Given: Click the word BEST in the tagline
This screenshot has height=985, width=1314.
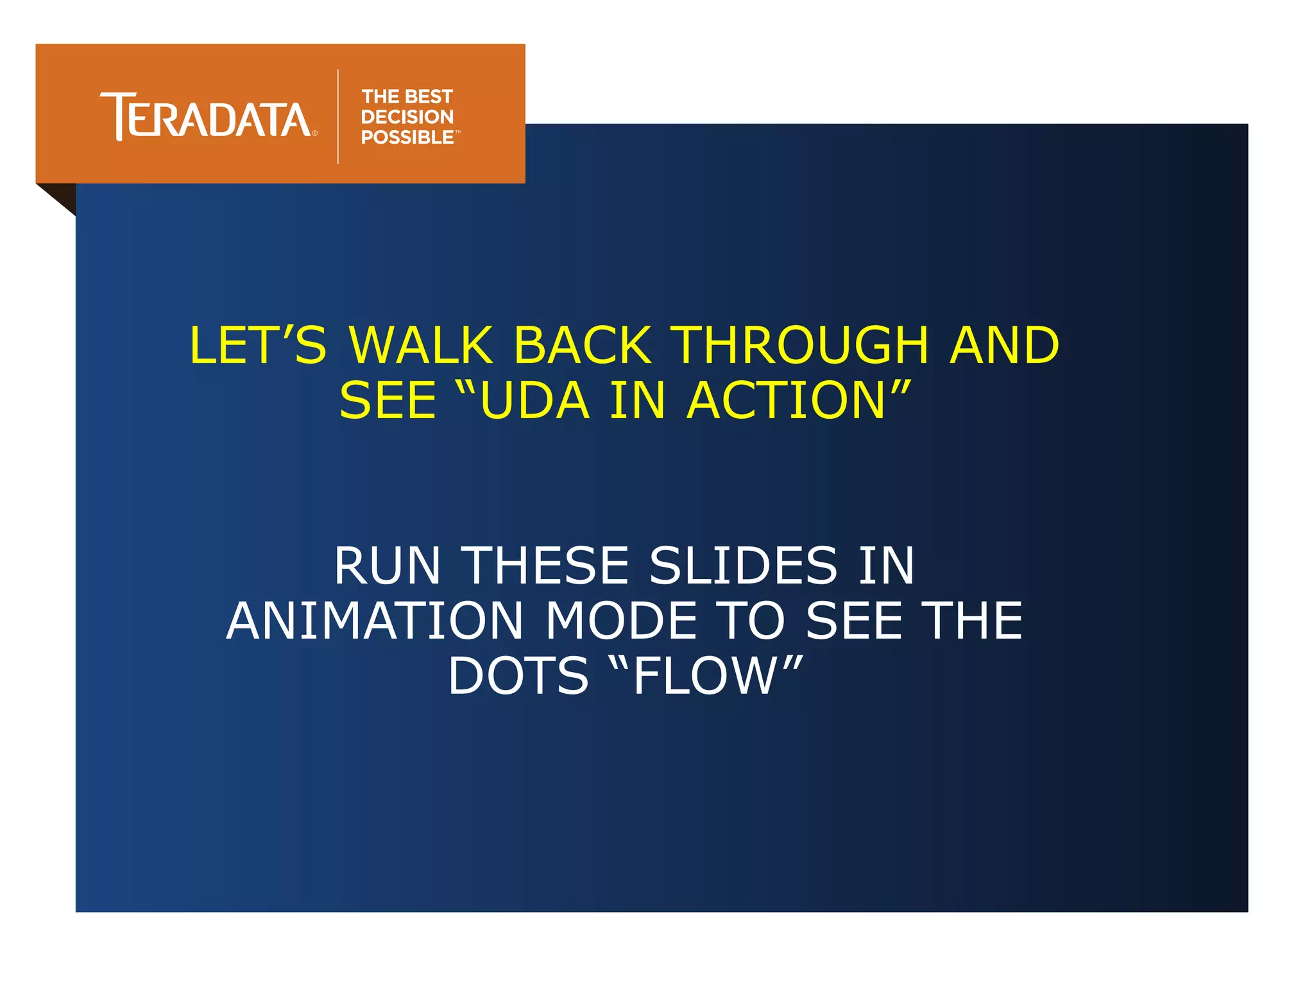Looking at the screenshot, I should (x=429, y=97).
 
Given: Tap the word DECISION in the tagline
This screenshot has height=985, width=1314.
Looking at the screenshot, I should (x=407, y=117).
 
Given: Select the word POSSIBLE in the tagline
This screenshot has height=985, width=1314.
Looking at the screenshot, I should (x=407, y=137).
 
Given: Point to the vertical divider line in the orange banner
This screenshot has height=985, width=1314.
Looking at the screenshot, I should (x=338, y=116).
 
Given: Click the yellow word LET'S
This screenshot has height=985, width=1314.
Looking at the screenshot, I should (x=257, y=345).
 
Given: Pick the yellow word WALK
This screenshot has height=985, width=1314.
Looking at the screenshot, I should (x=420, y=345).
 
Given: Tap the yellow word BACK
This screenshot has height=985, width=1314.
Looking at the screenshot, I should (x=583, y=345).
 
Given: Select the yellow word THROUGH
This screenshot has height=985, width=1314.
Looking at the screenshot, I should (x=799, y=345).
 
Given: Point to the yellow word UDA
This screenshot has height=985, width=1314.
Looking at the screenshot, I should (x=534, y=401).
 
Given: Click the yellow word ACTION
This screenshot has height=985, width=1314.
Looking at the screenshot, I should (x=786, y=401).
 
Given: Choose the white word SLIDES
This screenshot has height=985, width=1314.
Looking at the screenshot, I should (x=743, y=566).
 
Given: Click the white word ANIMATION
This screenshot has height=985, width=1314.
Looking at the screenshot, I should (x=375, y=621).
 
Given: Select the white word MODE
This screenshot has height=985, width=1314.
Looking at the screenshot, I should (x=621, y=621).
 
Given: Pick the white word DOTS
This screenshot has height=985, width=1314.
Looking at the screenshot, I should (x=518, y=676).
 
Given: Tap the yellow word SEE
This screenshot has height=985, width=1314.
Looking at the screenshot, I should (x=388, y=401).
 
